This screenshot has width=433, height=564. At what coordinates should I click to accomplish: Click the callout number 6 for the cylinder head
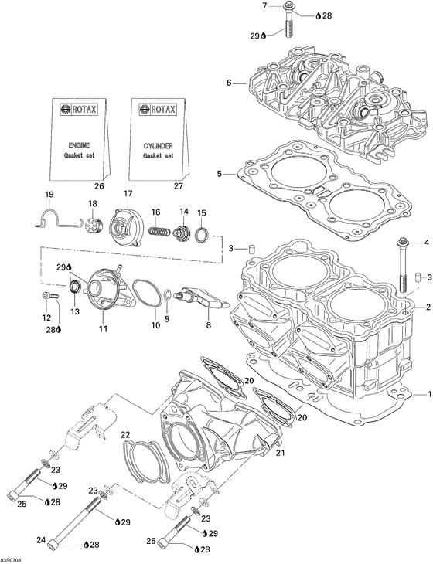pos(230,83)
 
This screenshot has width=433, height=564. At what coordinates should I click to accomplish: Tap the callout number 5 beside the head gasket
pos(220,175)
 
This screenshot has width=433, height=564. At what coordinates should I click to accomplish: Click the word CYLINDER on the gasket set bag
pos(158,144)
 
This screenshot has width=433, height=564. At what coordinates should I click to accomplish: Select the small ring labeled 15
pos(200,235)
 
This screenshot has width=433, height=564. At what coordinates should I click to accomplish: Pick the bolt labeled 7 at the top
pos(288,20)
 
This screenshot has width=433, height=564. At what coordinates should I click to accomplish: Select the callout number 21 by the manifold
pos(280,452)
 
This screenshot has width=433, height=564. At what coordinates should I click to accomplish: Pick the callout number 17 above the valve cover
pos(128,193)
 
